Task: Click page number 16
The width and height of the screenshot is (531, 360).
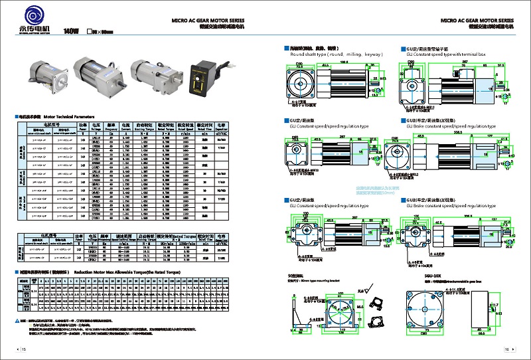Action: click(x=506, y=349)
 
